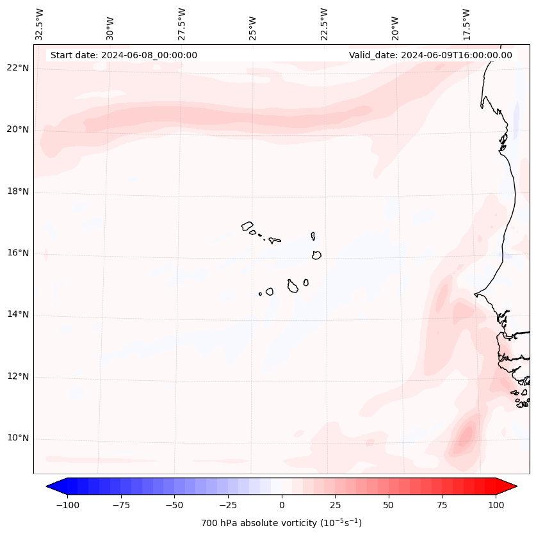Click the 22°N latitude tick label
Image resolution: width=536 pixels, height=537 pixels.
19,68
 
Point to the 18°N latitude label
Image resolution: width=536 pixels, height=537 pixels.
19,191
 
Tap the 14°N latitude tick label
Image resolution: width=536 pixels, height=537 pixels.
19,314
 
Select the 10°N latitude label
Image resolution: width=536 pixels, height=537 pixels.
19,438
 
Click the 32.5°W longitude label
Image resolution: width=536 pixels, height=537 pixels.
40,24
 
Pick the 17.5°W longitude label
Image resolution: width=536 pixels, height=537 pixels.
467,24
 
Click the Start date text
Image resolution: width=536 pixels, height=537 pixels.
124,55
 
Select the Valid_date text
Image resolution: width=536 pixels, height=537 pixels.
430,55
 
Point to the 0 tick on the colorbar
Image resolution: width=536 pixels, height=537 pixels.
282,505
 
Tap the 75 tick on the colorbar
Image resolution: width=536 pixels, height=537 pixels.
443,505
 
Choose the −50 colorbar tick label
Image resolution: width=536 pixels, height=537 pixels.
175,505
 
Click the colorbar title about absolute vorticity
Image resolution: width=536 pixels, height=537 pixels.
282,523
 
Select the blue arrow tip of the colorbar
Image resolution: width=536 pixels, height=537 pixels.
53,486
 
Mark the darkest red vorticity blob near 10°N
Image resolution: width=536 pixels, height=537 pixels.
465,436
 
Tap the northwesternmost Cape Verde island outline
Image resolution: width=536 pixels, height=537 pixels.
247,226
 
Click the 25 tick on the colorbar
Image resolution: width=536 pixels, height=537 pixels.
336,505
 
